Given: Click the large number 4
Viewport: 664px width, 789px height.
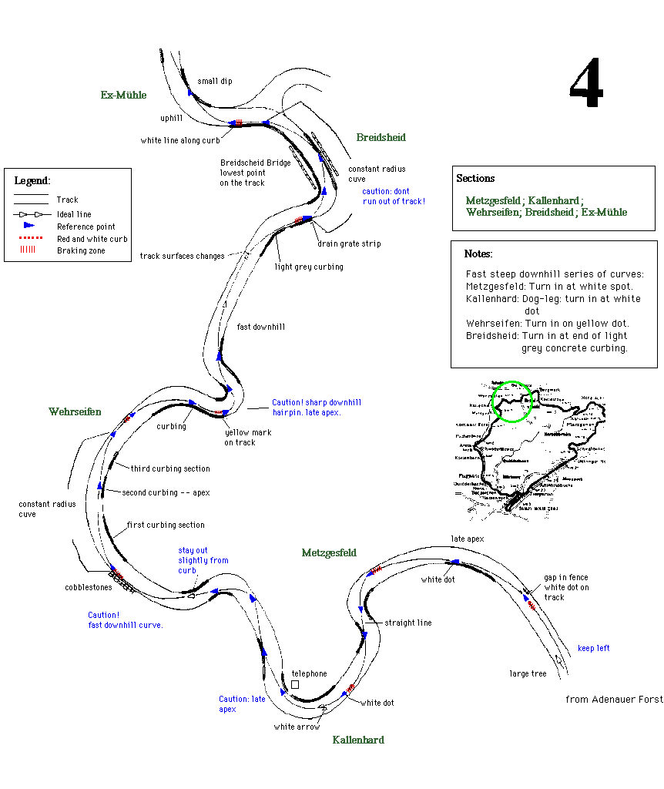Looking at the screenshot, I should click(586, 85).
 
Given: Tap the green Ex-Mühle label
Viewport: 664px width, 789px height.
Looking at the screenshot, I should click(123, 96).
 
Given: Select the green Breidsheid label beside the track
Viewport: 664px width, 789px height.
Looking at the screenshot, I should click(381, 138).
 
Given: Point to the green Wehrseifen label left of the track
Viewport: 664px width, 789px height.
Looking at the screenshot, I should click(75, 412).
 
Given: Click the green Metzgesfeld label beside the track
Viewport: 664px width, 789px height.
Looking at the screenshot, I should click(329, 553).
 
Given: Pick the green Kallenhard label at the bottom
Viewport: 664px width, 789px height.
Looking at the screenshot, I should click(358, 740).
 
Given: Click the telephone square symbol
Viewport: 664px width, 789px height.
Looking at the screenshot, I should click(294, 684).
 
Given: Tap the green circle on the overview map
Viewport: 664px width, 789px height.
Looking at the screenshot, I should click(511, 401).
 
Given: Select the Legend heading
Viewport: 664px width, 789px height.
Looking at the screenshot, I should click(32, 181).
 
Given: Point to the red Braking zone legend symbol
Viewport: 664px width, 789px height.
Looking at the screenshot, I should click(29, 250).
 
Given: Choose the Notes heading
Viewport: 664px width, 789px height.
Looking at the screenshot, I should click(478, 254).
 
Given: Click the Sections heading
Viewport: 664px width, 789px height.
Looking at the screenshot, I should click(475, 179).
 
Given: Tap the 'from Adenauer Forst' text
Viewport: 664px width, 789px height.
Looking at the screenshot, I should click(613, 700).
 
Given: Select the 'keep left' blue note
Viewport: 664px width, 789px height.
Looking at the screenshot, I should click(593, 649).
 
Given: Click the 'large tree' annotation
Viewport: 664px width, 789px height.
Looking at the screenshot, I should click(528, 674).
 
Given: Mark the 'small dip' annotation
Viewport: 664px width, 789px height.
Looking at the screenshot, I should click(214, 82).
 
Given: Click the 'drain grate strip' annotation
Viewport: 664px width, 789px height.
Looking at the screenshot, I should click(349, 244).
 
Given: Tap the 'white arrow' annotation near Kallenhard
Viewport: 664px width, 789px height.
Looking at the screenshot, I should click(297, 727).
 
